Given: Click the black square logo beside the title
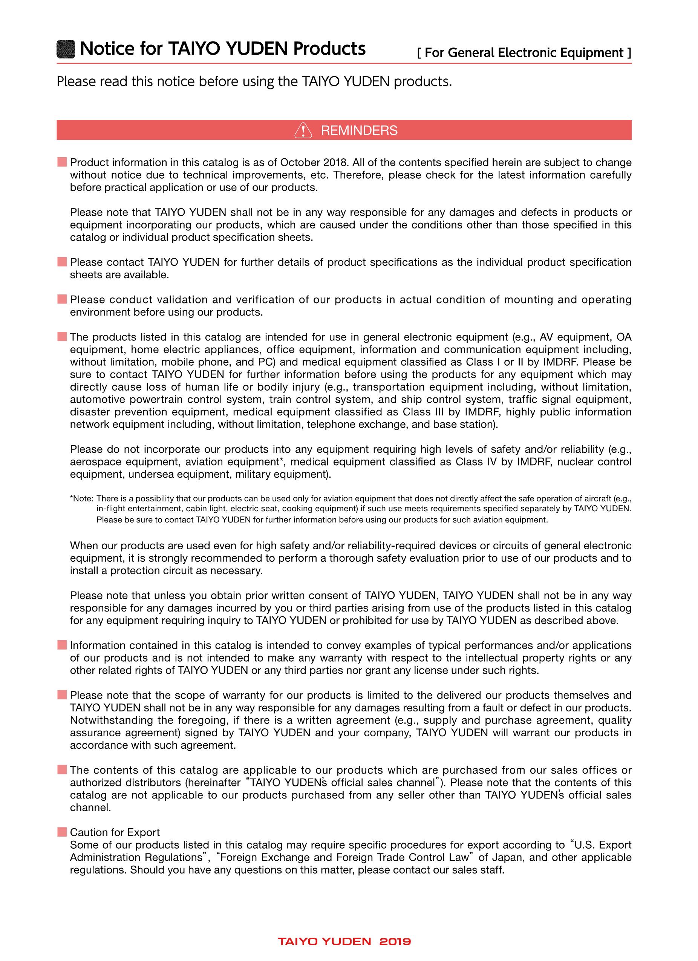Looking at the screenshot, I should point(66,49).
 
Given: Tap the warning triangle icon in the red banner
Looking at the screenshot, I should point(303,130).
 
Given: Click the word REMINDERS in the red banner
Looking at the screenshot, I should point(359,130).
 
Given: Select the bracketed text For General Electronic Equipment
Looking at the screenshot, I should point(524,53).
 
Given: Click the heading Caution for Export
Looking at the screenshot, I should point(115,832).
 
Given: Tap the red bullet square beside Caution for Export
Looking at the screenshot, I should point(62,832).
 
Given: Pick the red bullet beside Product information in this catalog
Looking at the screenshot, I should point(62,162).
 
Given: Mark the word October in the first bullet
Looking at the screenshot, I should point(300,163).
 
